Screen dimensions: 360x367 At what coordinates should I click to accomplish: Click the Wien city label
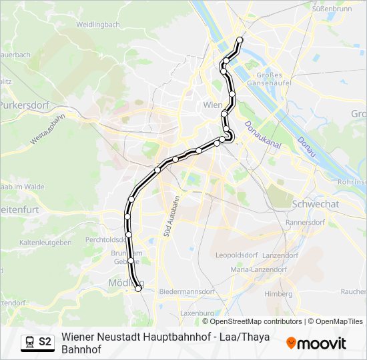pos(212,105)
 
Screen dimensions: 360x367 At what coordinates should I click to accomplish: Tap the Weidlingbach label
pos(97,25)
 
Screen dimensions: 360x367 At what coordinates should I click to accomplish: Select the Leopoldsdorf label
pos(236,255)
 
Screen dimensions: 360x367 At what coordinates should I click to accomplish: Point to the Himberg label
pos(278,293)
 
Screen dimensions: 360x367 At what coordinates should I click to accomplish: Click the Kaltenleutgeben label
pos(46,243)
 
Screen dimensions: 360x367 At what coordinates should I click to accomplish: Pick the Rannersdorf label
pos(304,222)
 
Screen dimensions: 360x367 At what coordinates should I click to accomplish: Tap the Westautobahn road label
pos(48,129)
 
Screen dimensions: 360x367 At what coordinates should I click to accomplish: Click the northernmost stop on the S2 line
pos(240,40)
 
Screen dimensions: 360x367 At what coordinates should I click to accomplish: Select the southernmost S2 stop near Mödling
pos(138,289)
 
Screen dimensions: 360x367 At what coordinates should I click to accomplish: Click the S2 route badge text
pos(45,341)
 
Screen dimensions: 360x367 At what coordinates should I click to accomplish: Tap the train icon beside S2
pos(29,342)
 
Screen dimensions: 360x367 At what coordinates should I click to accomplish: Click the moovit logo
pos(316,343)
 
